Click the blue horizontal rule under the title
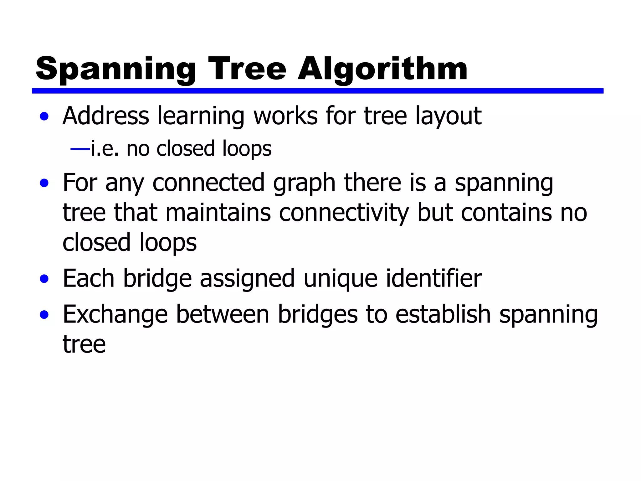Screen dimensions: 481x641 pyautogui.click(x=317, y=91)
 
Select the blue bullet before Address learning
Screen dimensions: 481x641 pyautogui.click(x=44, y=116)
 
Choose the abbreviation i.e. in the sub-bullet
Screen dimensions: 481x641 pyautogui.click(x=105, y=149)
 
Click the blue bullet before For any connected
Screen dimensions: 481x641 pyautogui.click(x=44, y=183)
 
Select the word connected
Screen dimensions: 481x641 pyautogui.click(x=208, y=183)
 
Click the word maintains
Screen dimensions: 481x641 pyautogui.click(x=218, y=213)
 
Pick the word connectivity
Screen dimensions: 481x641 pyautogui.click(x=344, y=213)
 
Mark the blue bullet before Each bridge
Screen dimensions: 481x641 pyautogui.click(x=44, y=278)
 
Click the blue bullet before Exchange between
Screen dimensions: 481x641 pyautogui.click(x=44, y=314)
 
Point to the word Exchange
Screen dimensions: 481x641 pyautogui.click(x=115, y=314)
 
